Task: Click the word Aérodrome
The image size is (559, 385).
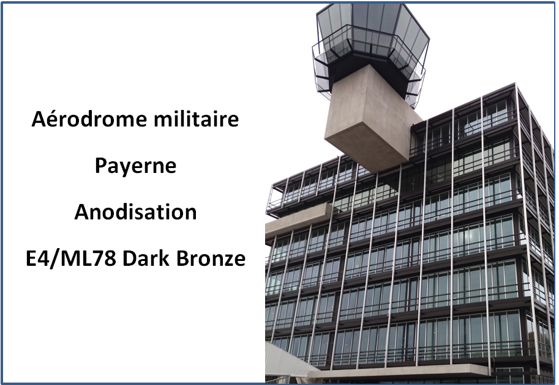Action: pos(89,119)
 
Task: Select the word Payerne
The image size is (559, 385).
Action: pos(135,166)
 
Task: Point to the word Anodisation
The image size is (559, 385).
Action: pos(135,212)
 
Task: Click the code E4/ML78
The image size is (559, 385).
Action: pos(71,258)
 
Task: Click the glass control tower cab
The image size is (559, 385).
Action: pos(371,39)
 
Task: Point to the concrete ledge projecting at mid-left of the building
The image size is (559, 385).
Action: pos(299,220)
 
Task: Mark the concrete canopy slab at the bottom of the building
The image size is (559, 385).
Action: pos(399,372)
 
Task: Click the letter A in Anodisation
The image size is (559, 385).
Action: pos(81,212)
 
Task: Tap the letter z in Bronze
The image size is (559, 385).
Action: pos(227,261)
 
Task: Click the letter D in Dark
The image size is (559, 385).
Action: pos(130,258)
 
